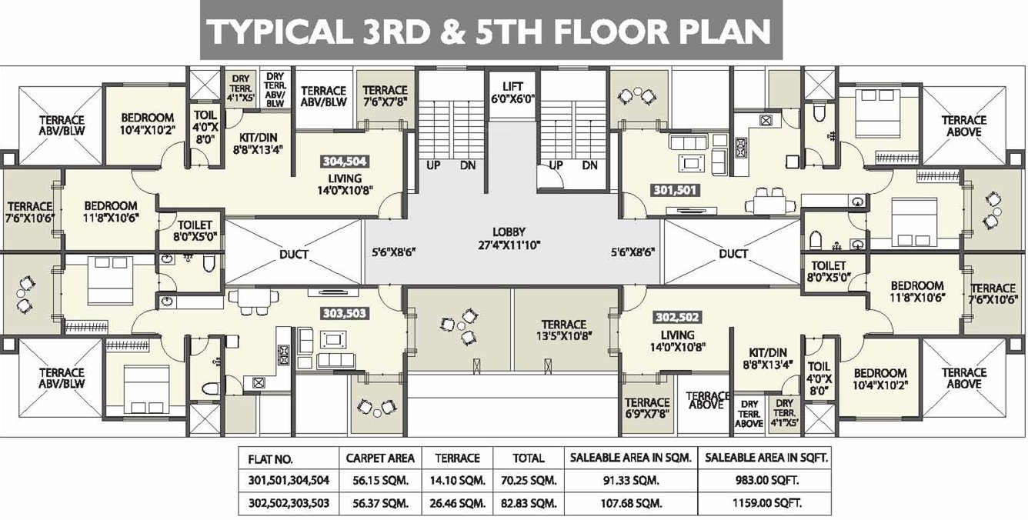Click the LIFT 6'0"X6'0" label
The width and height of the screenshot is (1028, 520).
point(512,93)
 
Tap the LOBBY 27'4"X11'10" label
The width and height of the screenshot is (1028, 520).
point(509,238)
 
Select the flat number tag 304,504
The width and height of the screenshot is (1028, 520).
point(345,162)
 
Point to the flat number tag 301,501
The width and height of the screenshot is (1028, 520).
point(675,190)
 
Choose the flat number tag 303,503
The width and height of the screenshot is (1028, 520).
point(345,314)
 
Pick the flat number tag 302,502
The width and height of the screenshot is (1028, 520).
point(677,317)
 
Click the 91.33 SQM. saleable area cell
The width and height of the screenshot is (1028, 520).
point(631,481)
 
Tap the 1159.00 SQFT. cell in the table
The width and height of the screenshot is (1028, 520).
point(767,503)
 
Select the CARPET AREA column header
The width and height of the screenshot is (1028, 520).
point(380,458)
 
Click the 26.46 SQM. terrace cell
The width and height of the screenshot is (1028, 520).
point(458,504)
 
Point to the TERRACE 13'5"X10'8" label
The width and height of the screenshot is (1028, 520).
point(563,330)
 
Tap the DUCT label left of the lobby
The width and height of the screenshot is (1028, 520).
point(294,254)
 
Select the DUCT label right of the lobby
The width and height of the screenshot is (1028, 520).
point(733,253)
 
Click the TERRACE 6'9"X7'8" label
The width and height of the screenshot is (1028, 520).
point(647,408)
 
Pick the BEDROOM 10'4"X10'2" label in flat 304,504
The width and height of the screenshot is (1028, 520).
point(148,124)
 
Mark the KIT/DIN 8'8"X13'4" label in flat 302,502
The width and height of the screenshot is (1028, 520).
point(768,358)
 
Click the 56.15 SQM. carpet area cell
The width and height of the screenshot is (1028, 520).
point(380,481)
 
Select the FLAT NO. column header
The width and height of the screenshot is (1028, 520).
point(270,459)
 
